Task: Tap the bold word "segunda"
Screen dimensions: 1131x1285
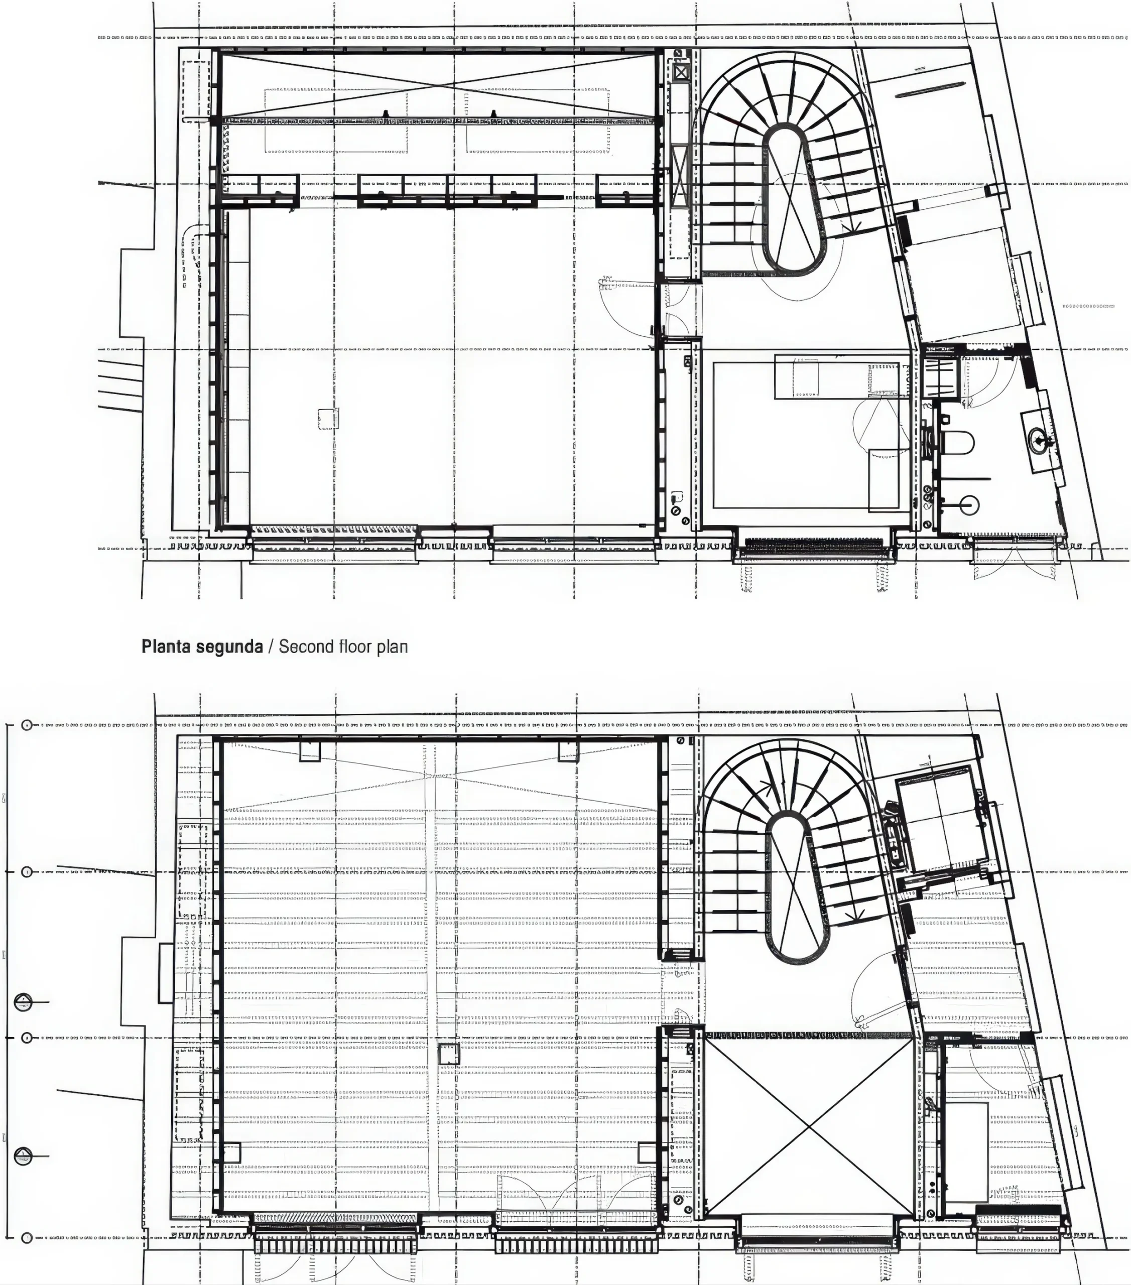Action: coord(227,648)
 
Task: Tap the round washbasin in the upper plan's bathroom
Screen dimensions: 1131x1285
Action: coord(1039,438)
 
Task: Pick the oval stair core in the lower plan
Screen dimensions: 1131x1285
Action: coord(796,886)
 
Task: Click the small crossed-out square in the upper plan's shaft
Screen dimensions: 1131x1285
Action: coord(681,73)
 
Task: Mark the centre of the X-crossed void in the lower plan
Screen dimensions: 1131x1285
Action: coord(809,1125)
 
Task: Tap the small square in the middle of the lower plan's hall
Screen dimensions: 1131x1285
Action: coord(449,1053)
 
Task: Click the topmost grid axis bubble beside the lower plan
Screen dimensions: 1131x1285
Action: coord(27,725)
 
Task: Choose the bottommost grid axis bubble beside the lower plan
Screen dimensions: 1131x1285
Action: coord(27,1237)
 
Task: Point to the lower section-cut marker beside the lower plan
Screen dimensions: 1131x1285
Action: coord(23,1155)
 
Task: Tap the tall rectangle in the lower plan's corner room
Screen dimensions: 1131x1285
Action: coord(966,1151)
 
